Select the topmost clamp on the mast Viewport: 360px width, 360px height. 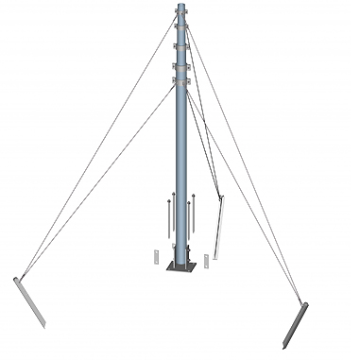click(180, 12)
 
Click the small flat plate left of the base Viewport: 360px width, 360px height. click(155, 257)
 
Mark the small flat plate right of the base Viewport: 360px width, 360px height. click(205, 256)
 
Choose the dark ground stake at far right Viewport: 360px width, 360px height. click(297, 322)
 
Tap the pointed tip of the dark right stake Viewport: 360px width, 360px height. click(289, 343)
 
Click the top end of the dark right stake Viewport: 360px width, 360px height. click(304, 303)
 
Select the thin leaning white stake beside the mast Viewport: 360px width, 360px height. click(218, 227)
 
